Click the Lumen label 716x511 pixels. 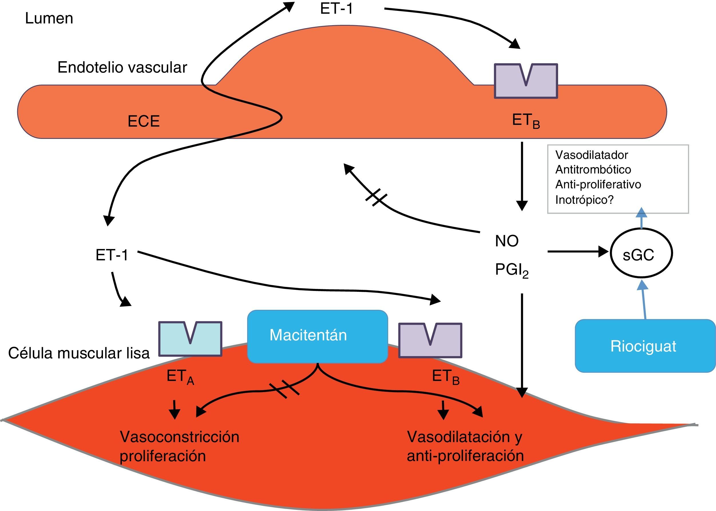coord(49,18)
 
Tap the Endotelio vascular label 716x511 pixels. coord(122,67)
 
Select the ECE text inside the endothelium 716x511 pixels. coord(144,121)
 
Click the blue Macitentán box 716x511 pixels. coord(318,336)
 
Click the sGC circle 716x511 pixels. coord(641,253)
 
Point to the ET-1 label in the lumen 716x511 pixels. coord(337,9)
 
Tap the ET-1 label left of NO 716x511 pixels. coord(112,255)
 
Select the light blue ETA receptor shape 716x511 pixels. coord(190,339)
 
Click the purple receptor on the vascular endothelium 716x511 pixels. coord(526,81)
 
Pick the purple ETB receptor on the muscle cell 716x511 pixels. coord(430,340)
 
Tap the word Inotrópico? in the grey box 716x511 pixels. coord(584,200)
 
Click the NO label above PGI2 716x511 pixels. coord(507,241)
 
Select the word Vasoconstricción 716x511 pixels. coord(179,437)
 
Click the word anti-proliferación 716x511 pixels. coord(465,456)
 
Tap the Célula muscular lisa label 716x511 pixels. coord(79,353)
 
